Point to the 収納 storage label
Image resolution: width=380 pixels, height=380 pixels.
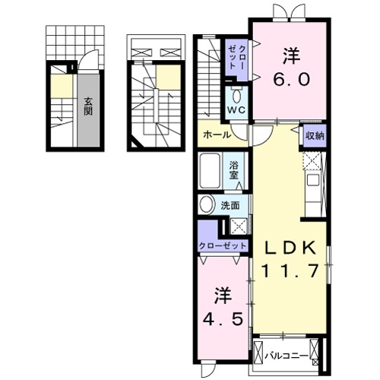click(314, 135)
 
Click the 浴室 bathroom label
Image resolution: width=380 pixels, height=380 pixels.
click(235, 168)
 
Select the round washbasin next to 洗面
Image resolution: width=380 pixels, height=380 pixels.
click(206, 205)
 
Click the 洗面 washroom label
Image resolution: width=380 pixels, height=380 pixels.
click(231, 204)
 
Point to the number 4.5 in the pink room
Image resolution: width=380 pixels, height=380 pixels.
click(223, 319)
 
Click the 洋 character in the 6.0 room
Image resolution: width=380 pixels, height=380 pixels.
click(290, 56)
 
